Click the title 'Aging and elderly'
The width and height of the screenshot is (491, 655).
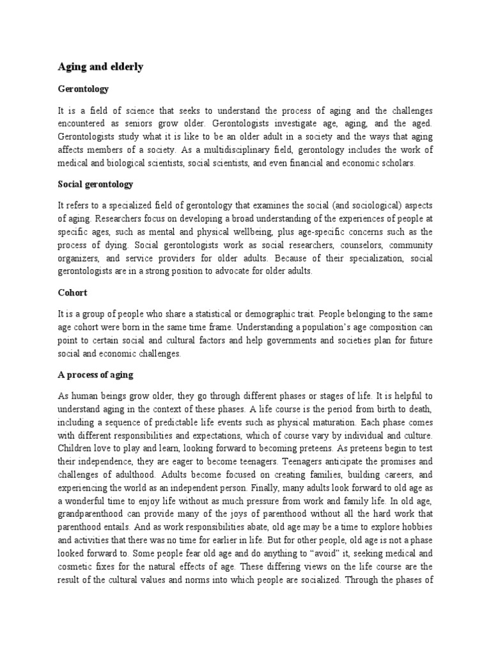coord(100,67)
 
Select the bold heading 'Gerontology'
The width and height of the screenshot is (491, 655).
coord(83,89)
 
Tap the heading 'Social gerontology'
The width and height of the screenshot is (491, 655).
coord(95,184)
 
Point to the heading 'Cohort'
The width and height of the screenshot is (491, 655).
coord(72,292)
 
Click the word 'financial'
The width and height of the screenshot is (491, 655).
coord(308,163)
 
